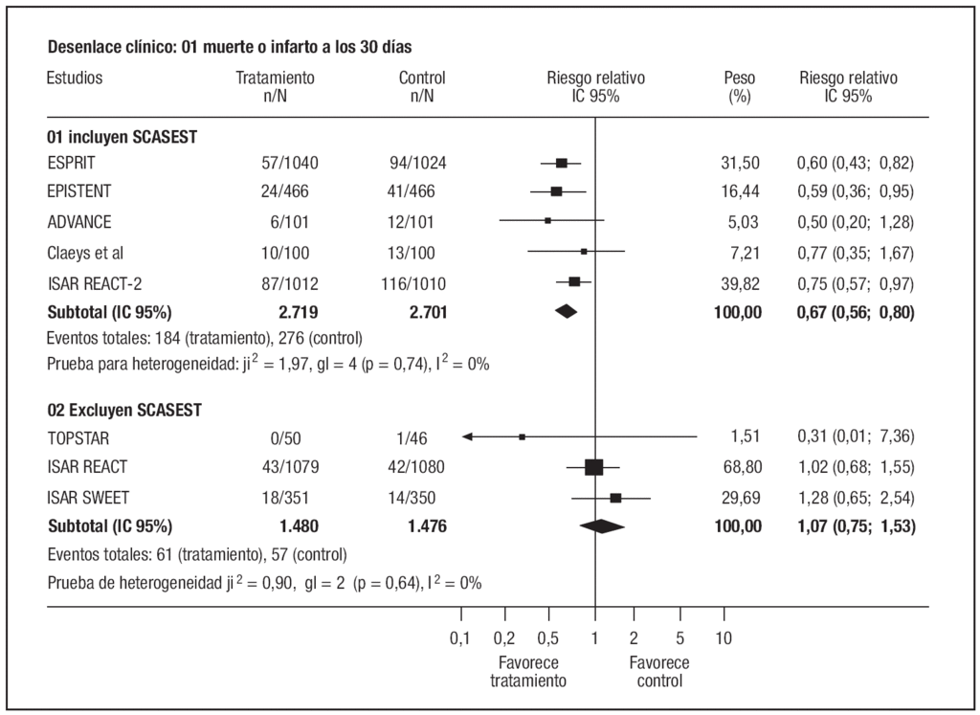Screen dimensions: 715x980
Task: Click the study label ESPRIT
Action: (72, 163)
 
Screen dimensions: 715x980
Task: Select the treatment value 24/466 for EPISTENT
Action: (286, 191)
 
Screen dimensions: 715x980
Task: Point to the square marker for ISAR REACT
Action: (593, 467)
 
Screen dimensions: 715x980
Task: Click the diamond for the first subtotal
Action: (566, 311)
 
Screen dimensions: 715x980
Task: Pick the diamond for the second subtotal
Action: (601, 525)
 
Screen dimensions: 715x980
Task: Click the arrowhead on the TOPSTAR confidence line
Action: (467, 436)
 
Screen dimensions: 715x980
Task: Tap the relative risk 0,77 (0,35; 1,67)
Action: (856, 253)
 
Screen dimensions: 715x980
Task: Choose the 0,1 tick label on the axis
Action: (459, 638)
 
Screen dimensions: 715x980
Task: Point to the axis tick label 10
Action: (724, 638)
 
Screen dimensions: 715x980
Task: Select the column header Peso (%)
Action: (738, 87)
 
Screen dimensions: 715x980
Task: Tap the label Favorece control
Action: (658, 672)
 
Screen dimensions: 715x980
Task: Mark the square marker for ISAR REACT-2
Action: (574, 281)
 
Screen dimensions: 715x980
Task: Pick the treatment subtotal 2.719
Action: (299, 311)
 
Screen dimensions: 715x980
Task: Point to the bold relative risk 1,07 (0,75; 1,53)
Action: (856, 525)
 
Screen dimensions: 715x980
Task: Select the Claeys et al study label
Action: (85, 253)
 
